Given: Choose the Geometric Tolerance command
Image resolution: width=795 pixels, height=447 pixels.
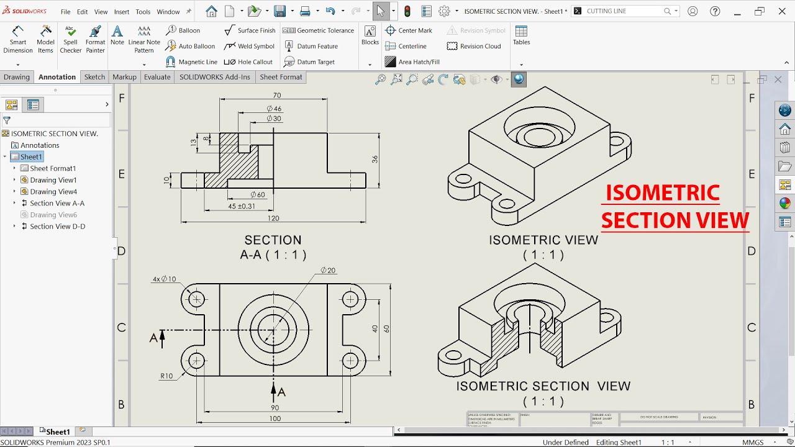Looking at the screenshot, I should click(x=318, y=30).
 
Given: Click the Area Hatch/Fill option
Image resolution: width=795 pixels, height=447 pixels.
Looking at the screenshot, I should click(x=412, y=62).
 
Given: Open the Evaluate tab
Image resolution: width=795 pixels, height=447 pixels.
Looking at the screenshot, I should click(x=157, y=77).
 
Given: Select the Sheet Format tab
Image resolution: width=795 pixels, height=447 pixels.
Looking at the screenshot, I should click(x=281, y=77).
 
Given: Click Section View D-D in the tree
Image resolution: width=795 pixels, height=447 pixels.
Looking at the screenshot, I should click(x=57, y=227).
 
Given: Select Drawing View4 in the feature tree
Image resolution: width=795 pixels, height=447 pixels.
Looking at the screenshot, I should click(x=53, y=192).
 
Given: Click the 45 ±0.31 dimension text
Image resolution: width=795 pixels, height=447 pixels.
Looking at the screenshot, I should click(x=241, y=206).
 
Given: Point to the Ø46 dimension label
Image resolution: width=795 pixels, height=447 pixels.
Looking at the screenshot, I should click(x=274, y=109).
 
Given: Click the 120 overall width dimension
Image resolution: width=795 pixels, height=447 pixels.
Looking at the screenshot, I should click(x=273, y=218).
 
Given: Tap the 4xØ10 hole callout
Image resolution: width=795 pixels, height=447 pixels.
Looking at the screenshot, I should click(x=164, y=279).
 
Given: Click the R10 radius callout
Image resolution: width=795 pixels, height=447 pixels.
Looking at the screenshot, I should click(x=166, y=376).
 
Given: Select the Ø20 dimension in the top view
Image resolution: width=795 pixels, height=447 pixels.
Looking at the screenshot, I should click(x=328, y=271).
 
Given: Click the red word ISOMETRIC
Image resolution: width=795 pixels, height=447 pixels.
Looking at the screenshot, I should click(x=662, y=193).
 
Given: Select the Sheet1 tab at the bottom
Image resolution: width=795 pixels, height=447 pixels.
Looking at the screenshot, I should click(x=58, y=431).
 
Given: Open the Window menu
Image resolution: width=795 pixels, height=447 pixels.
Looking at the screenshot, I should click(x=168, y=12).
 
